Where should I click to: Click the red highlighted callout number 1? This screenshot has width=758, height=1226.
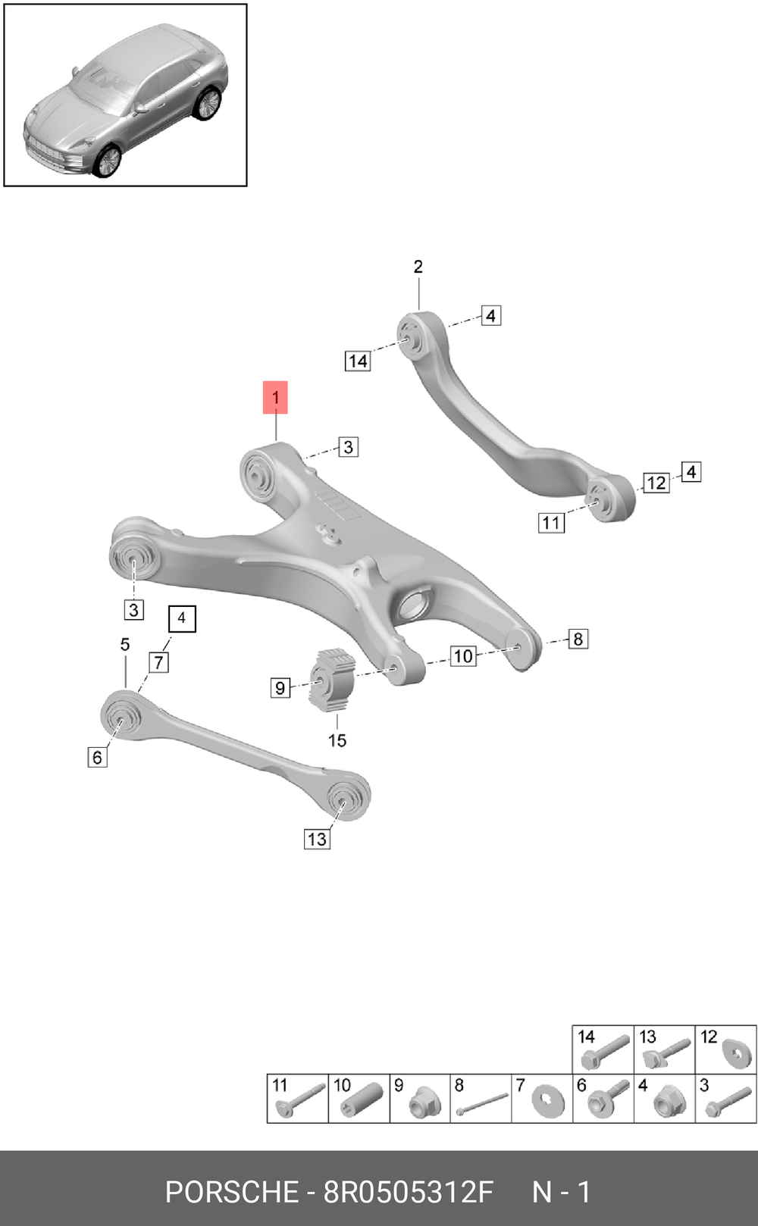(x=275, y=397)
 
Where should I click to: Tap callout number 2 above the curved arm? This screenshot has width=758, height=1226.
(x=418, y=267)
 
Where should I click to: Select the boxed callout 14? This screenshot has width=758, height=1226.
(x=358, y=361)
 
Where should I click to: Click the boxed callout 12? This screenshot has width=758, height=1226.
(x=656, y=483)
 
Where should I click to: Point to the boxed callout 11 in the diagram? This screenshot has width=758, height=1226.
(x=552, y=523)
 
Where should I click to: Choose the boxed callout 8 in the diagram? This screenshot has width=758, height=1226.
(x=578, y=640)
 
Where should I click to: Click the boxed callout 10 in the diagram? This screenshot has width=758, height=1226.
(x=463, y=655)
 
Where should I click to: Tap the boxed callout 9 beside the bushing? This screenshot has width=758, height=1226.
(x=280, y=687)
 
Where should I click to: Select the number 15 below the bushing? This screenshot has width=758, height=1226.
(x=337, y=740)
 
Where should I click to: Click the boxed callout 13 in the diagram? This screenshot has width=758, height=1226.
(x=317, y=839)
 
